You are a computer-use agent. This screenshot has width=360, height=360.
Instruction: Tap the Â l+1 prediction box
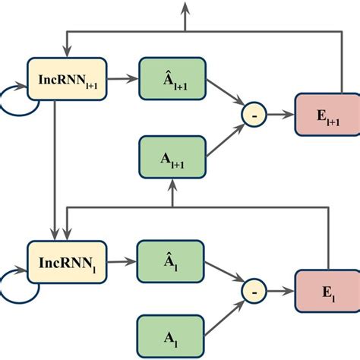[x=172, y=78]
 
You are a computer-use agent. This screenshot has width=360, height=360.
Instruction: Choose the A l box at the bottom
[x=170, y=334]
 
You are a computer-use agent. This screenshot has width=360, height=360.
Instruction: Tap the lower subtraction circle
[x=252, y=289]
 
